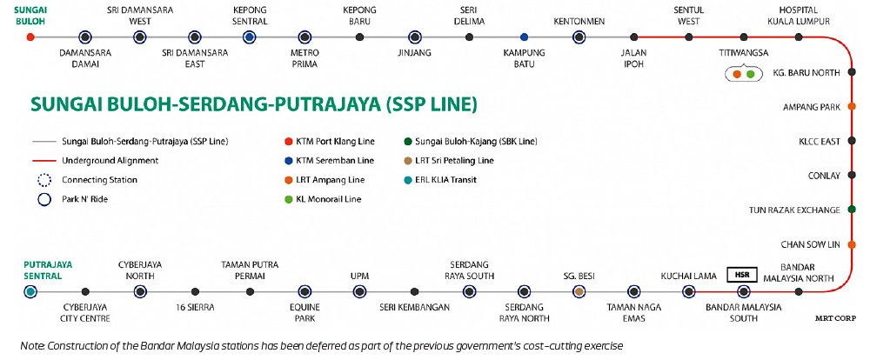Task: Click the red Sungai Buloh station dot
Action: tap(30, 37)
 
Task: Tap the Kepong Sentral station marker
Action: tap(250, 37)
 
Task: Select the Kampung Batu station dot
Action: tap(524, 37)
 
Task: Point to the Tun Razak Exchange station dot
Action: tap(852, 210)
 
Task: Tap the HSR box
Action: tap(741, 275)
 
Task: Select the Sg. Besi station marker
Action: tap(579, 291)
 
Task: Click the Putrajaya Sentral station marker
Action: tap(30, 291)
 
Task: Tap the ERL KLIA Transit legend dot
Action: tap(409, 180)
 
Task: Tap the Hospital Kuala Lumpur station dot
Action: tap(798, 37)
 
